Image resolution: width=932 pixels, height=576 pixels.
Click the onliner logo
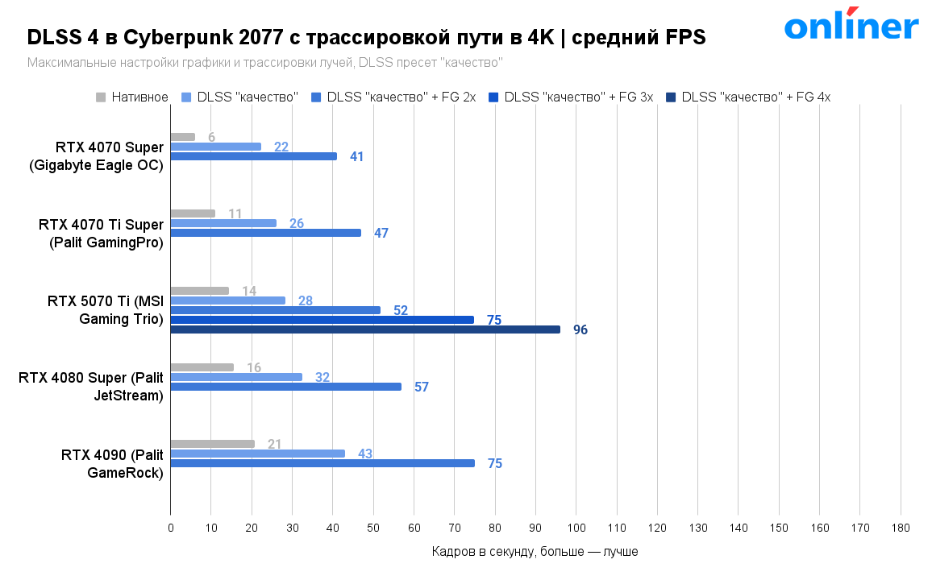(851, 27)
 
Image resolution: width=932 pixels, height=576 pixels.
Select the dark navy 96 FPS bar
(365, 329)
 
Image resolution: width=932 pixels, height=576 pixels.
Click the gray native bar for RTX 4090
(213, 444)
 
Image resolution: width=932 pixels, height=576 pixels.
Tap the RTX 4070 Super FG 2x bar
(254, 156)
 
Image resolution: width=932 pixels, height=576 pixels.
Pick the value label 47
(381, 234)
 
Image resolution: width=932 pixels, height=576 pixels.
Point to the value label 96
(580, 330)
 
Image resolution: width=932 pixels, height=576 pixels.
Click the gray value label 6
(211, 137)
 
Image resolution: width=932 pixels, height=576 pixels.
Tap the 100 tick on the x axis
(576, 528)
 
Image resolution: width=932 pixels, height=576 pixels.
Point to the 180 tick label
(901, 528)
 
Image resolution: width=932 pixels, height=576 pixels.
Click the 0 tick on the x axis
(171, 528)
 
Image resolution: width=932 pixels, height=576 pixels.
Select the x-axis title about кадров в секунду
(535, 552)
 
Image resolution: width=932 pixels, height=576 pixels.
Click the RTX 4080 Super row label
(91, 386)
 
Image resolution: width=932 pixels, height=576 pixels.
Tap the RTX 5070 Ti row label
(106, 310)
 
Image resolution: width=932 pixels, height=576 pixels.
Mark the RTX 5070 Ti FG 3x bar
(322, 320)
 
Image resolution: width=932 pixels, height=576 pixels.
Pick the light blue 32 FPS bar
(236, 377)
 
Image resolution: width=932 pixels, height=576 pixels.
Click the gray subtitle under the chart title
(264, 62)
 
